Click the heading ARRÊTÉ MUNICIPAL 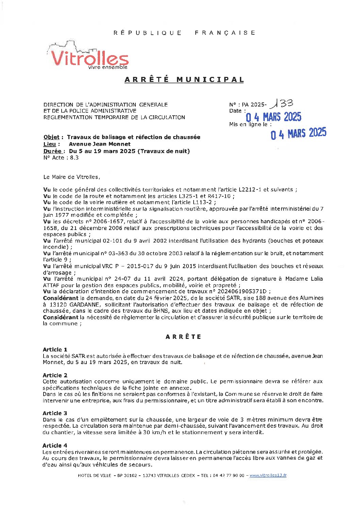184,80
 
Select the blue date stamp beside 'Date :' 274,117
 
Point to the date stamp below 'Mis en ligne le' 298,133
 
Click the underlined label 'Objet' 51,137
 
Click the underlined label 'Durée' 52,151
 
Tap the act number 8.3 74,158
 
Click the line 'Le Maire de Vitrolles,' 72,177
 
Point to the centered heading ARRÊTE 183,337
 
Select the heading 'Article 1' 55,349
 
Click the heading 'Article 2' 55,375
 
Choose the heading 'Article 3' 55,413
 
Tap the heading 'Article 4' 55,445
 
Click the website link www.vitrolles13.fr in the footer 268,476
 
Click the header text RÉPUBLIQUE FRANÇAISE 184,33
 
